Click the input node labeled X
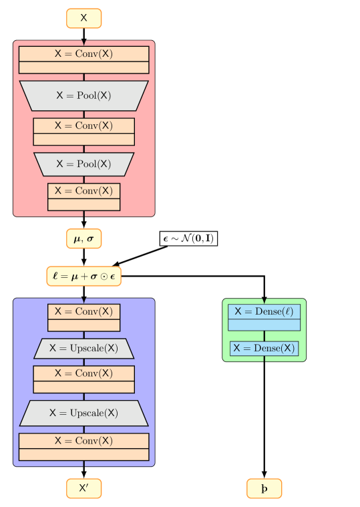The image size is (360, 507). pos(83,19)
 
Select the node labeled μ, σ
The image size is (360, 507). pos(83,238)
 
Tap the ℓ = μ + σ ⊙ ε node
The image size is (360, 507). pos(83,276)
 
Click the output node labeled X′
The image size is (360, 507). pos(83,488)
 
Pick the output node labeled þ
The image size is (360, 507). pos(264,488)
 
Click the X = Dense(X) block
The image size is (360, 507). pos(264,348)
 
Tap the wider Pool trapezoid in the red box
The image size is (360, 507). pos(83,96)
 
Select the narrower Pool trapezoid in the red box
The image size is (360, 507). pos(83,164)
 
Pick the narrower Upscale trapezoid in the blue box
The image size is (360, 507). pos(83,348)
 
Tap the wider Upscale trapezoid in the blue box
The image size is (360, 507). pos(83,413)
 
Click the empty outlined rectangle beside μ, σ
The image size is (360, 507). pos(188,238)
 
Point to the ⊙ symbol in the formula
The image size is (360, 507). pos(104,277)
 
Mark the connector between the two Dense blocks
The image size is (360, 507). pos(264,336)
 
